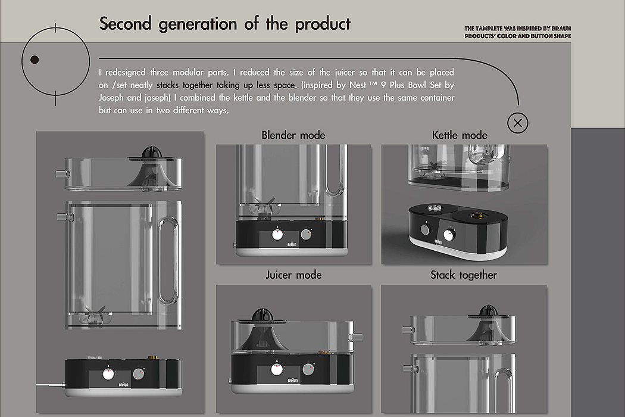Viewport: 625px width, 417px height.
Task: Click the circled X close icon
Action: tap(518, 123)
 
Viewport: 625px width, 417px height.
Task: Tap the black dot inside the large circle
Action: tap(35, 60)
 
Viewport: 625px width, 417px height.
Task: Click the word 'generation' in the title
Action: tap(198, 24)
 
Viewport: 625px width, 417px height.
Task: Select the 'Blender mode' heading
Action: tap(293, 135)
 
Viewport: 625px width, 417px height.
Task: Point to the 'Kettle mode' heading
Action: tap(460, 135)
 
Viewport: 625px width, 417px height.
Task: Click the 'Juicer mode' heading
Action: tap(294, 275)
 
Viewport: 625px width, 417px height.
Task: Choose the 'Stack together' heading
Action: tap(464, 275)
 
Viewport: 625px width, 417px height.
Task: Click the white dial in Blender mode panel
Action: tap(277, 234)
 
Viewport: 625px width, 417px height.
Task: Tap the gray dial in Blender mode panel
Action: tap(306, 234)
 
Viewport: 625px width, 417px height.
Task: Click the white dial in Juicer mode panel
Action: tap(277, 369)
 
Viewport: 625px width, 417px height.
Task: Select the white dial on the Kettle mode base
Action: tap(449, 235)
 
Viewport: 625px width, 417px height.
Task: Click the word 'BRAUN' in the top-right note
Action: tap(561, 29)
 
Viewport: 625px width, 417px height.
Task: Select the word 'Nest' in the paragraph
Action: tap(358, 85)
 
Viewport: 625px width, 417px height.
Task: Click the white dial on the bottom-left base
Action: tap(108, 374)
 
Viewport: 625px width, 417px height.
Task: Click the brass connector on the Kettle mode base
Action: tap(476, 216)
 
